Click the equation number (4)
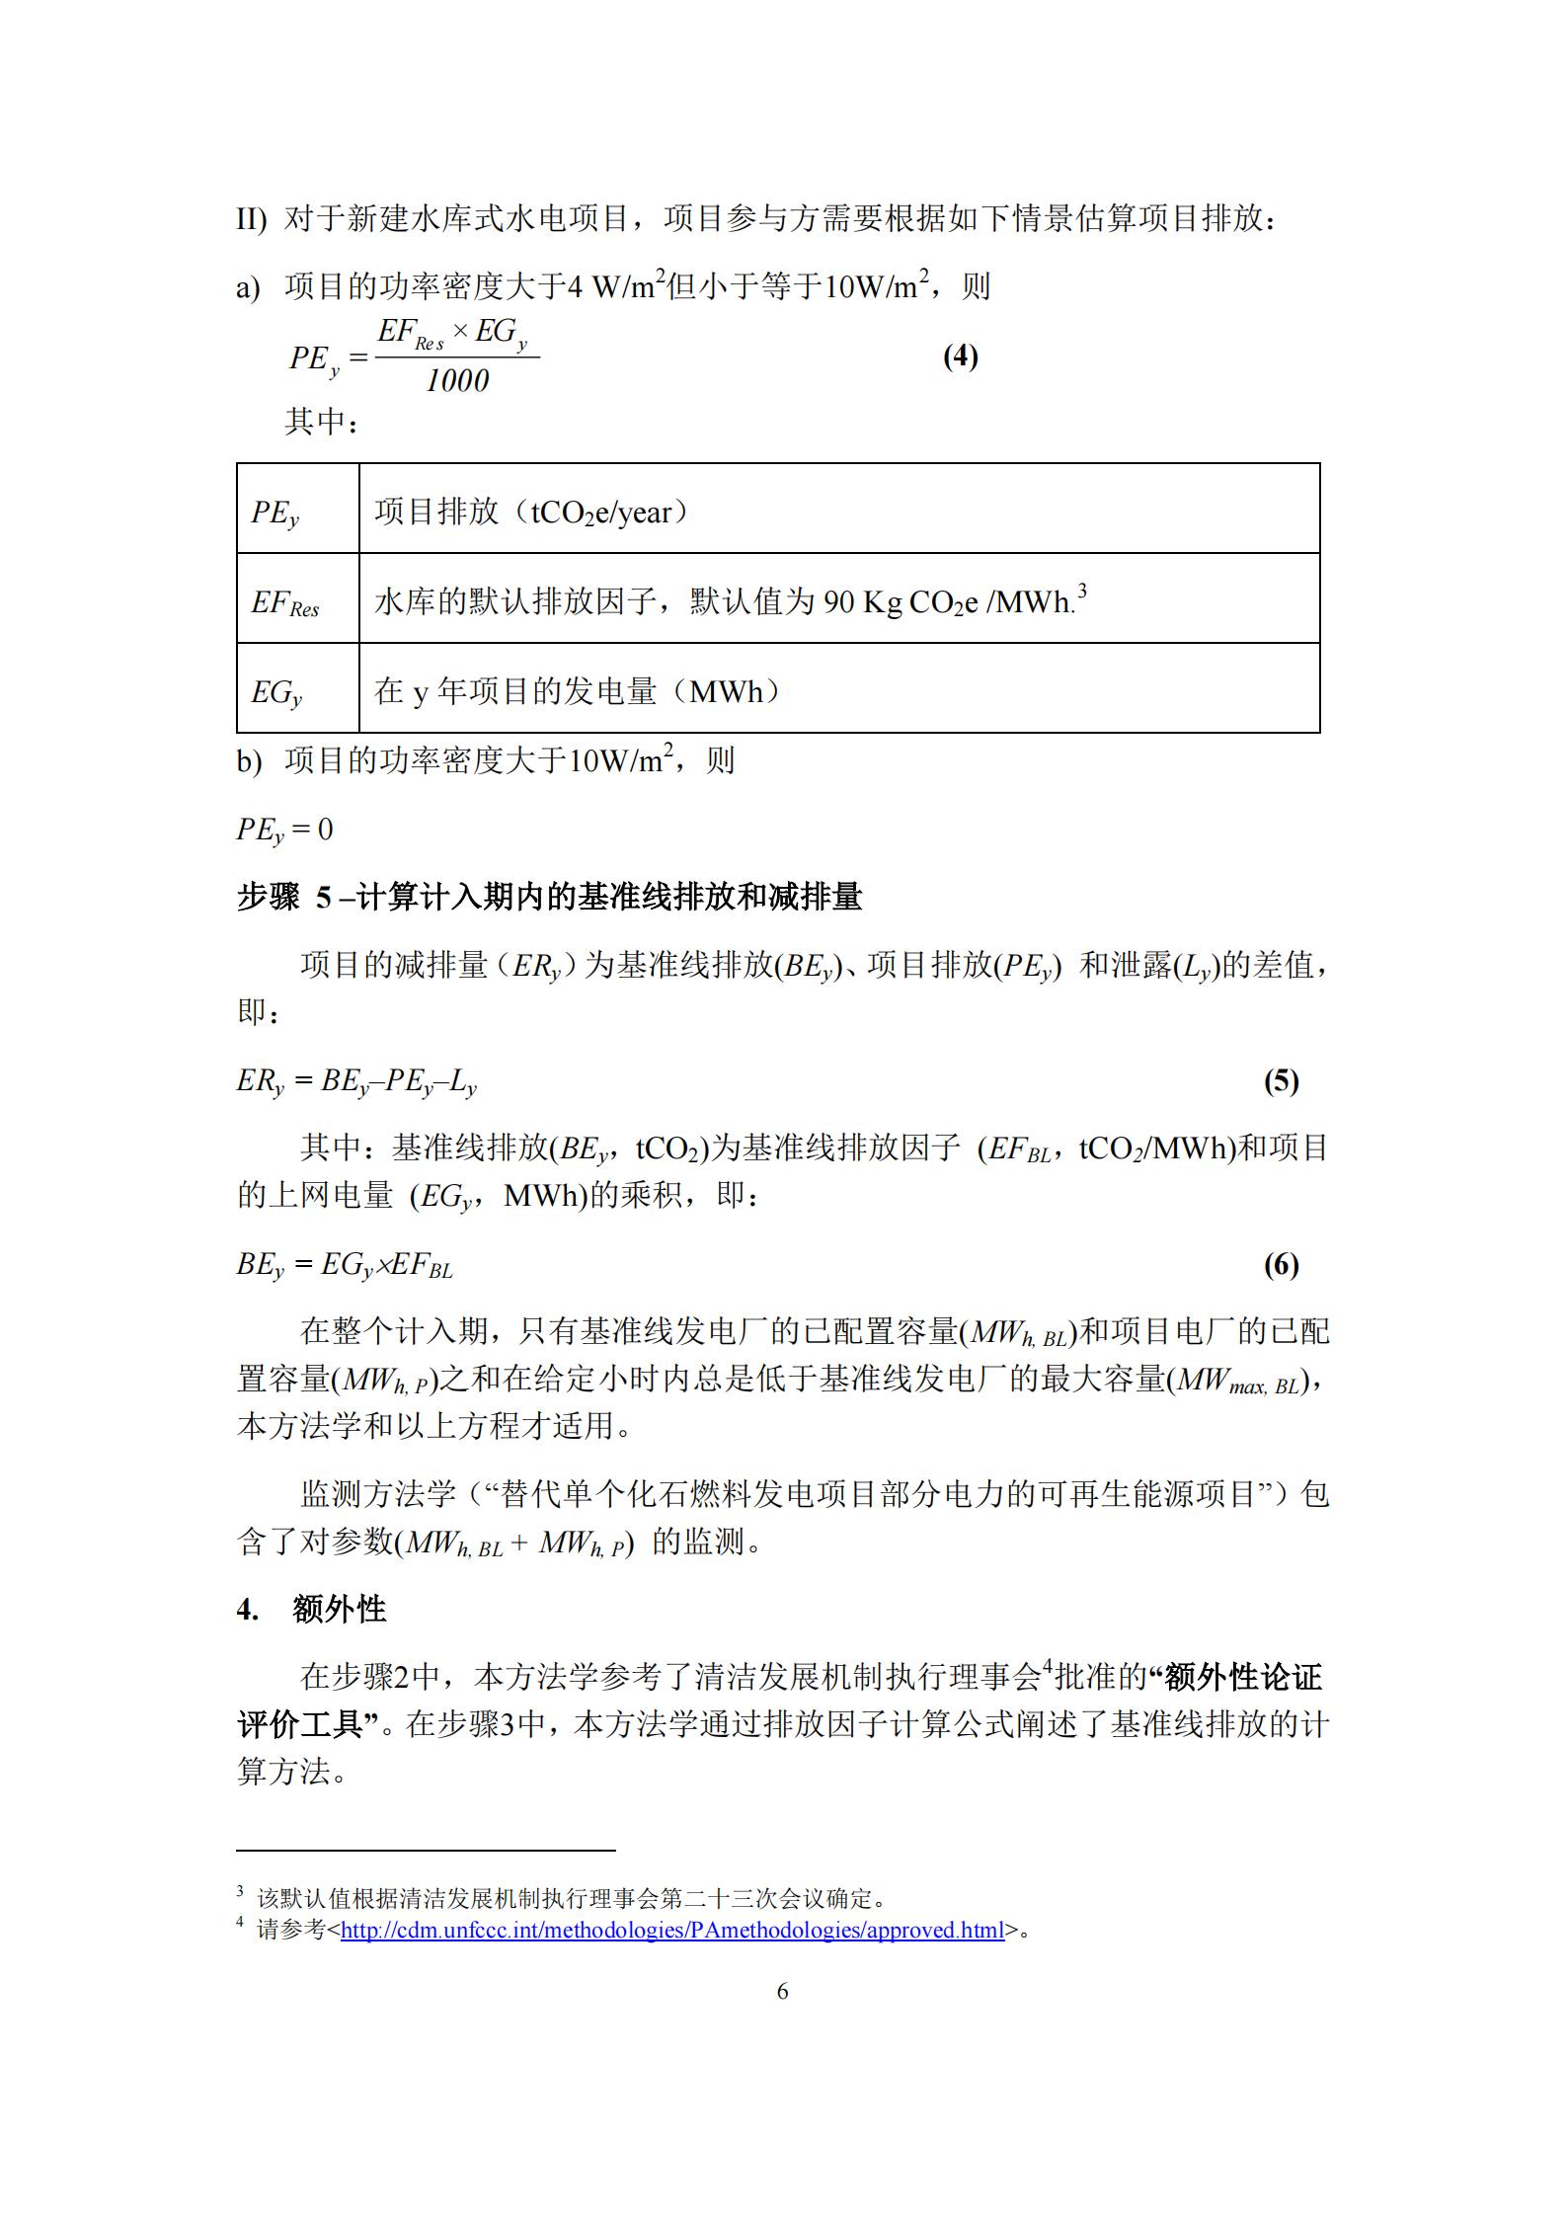[960, 356]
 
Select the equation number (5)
[1281, 1081]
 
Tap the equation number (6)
[1281, 1265]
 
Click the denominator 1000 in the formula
[457, 381]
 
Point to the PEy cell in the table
[275, 513]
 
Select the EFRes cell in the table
[285, 602]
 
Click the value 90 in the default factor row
[838, 602]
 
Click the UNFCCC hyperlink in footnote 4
[671, 1930]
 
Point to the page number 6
[783, 1991]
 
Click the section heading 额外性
[339, 1610]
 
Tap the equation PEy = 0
[284, 830]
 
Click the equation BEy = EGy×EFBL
[345, 1265]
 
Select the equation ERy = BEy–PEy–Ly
[356, 1081]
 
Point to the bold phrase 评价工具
[299, 1724]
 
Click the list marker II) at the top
[251, 219]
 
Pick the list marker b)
[249, 761]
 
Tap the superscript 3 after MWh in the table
[1081, 592]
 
